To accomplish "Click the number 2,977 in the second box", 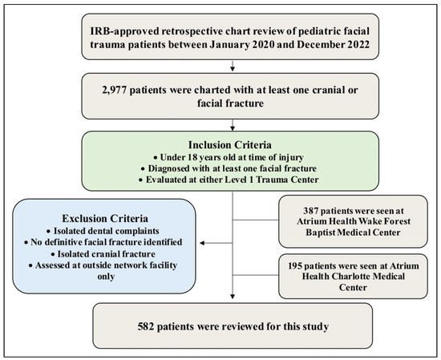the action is [114, 91].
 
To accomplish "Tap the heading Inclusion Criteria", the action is [230, 145].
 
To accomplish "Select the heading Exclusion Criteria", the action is [105, 219].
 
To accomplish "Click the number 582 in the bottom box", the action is [146, 326].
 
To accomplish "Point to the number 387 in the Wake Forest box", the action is [311, 211].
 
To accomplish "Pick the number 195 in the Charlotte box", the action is [296, 265].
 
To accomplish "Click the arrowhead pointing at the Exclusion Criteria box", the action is [202, 243].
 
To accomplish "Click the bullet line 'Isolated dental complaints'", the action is [103, 231].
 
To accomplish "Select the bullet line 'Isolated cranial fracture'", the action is [103, 254].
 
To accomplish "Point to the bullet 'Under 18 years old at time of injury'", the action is [229, 157].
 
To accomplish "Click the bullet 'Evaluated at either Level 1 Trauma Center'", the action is [229, 180].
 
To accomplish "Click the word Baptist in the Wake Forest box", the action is [321, 233].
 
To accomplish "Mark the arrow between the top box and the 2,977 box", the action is [233, 66].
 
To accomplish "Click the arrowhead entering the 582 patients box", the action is [233, 297].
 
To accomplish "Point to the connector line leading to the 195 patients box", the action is [255, 275].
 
